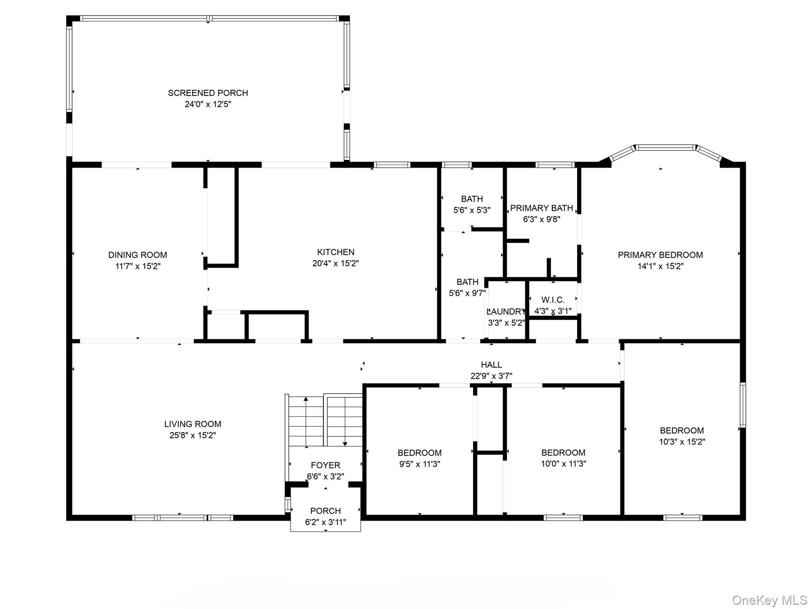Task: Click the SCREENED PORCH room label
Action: click(208, 93)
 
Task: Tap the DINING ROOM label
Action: click(137, 255)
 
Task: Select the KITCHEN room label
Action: click(336, 252)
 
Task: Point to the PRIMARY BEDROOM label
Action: click(660, 255)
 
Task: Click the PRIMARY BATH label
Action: click(541, 208)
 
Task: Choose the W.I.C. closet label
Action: click(553, 300)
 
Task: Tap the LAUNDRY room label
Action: click(506, 312)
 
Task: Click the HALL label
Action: click(491, 365)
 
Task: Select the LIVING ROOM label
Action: click(193, 424)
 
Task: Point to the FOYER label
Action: click(326, 465)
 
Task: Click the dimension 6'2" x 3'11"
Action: click(326, 522)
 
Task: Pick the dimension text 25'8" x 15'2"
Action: click(193, 435)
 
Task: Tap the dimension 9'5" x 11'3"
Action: click(420, 464)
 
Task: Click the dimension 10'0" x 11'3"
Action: click(563, 464)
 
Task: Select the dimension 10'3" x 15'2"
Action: click(682, 442)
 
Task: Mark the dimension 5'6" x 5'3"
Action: click(472, 210)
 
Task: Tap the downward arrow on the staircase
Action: click(345, 421)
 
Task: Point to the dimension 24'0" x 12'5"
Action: click(208, 104)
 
